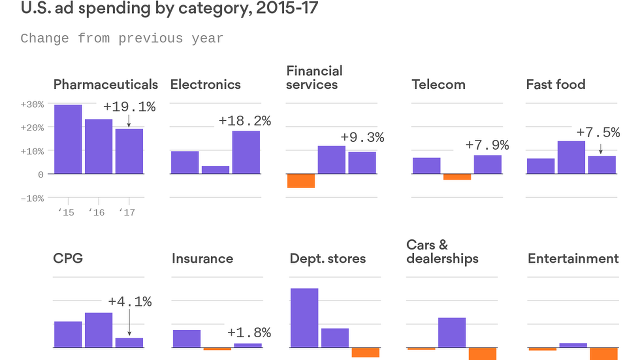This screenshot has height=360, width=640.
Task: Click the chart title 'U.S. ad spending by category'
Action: (x=169, y=8)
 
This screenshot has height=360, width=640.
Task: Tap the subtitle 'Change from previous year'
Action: (x=122, y=38)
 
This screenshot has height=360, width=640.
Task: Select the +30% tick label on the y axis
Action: (x=32, y=104)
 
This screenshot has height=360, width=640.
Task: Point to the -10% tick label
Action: (x=32, y=199)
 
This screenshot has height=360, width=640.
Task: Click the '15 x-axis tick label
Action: (x=66, y=212)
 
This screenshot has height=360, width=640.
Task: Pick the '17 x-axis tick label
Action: (x=127, y=212)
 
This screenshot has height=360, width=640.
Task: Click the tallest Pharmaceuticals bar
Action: (x=68, y=139)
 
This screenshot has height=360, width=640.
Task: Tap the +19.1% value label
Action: (x=129, y=107)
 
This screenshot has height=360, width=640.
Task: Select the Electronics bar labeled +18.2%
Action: (x=246, y=152)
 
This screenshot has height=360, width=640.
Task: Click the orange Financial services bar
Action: (x=301, y=181)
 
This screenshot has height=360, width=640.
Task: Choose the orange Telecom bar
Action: (x=457, y=177)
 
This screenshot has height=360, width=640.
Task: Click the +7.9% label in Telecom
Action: (x=487, y=145)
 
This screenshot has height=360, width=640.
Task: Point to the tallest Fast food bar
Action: (x=571, y=157)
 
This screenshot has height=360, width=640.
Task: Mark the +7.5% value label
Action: (x=598, y=132)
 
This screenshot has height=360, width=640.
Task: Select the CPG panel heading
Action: (x=68, y=258)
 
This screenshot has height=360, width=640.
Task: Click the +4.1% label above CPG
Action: (x=130, y=302)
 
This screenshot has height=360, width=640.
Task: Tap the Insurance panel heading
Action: (x=202, y=259)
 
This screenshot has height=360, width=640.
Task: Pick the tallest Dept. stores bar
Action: (x=304, y=318)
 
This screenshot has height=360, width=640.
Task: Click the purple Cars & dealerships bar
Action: (x=452, y=333)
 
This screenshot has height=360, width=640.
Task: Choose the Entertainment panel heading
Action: (x=573, y=259)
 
